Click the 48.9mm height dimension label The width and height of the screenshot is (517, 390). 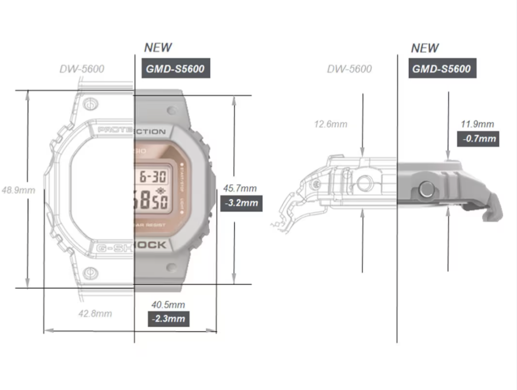pyautogui.click(x=18, y=190)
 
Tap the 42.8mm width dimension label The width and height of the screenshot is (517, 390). pyautogui.click(x=95, y=313)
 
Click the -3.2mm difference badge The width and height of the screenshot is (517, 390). pyautogui.click(x=241, y=204)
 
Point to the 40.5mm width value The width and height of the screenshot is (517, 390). pyautogui.click(x=168, y=304)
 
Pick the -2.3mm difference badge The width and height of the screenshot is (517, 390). pyautogui.click(x=169, y=319)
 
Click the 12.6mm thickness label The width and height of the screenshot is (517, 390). pyautogui.click(x=330, y=124)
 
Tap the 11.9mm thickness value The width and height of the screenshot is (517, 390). pyautogui.click(x=477, y=124)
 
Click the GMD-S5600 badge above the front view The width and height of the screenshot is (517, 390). pyautogui.click(x=175, y=69)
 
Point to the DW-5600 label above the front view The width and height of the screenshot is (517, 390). pyautogui.click(x=82, y=69)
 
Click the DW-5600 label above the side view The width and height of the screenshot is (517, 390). pyautogui.click(x=349, y=69)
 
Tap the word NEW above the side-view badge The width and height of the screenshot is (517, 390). pyautogui.click(x=425, y=48)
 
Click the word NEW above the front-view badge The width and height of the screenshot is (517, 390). pyautogui.click(x=158, y=48)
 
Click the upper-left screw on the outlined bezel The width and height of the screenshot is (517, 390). pyautogui.click(x=91, y=103)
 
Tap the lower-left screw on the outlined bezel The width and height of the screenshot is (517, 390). pyautogui.click(x=91, y=271)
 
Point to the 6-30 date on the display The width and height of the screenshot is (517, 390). pyautogui.click(x=153, y=177)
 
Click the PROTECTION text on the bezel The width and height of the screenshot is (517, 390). pyautogui.click(x=131, y=132)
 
